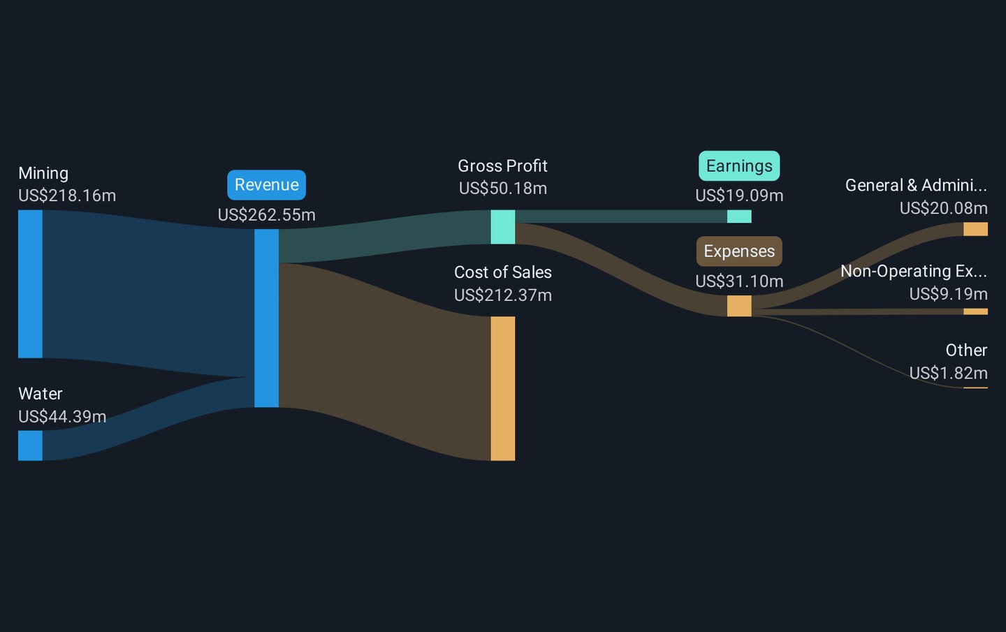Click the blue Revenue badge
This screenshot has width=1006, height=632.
pyautogui.click(x=266, y=185)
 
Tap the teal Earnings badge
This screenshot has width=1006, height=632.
pyautogui.click(x=739, y=166)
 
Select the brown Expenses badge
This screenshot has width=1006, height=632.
pyautogui.click(x=739, y=251)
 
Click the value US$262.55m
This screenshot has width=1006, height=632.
pyautogui.click(x=266, y=215)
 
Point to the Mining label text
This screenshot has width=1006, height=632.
pyautogui.click(x=43, y=174)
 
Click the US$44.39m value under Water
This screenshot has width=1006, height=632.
pyautogui.click(x=62, y=416)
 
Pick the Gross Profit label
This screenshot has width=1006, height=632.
pyautogui.click(x=502, y=166)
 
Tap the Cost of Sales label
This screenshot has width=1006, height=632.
pyautogui.click(x=502, y=272)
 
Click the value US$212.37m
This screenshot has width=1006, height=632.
pyautogui.click(x=502, y=295)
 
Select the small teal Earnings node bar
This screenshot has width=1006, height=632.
pyautogui.click(x=739, y=216)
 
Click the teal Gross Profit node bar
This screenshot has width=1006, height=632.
pyautogui.click(x=502, y=227)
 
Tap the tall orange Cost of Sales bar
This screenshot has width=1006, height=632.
pyautogui.click(x=502, y=389)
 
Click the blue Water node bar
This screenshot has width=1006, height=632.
pyautogui.click(x=30, y=446)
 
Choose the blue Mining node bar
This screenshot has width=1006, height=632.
pyautogui.click(x=30, y=284)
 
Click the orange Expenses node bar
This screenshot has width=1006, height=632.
pyautogui.click(x=739, y=306)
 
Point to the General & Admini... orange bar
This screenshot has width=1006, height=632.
pyautogui.click(x=975, y=229)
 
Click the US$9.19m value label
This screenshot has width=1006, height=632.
pyautogui.click(x=949, y=294)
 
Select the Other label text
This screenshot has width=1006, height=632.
pyautogui.click(x=966, y=350)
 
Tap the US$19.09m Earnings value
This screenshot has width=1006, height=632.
pyautogui.click(x=739, y=196)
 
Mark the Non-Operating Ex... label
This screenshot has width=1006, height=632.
pyautogui.click(x=914, y=271)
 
